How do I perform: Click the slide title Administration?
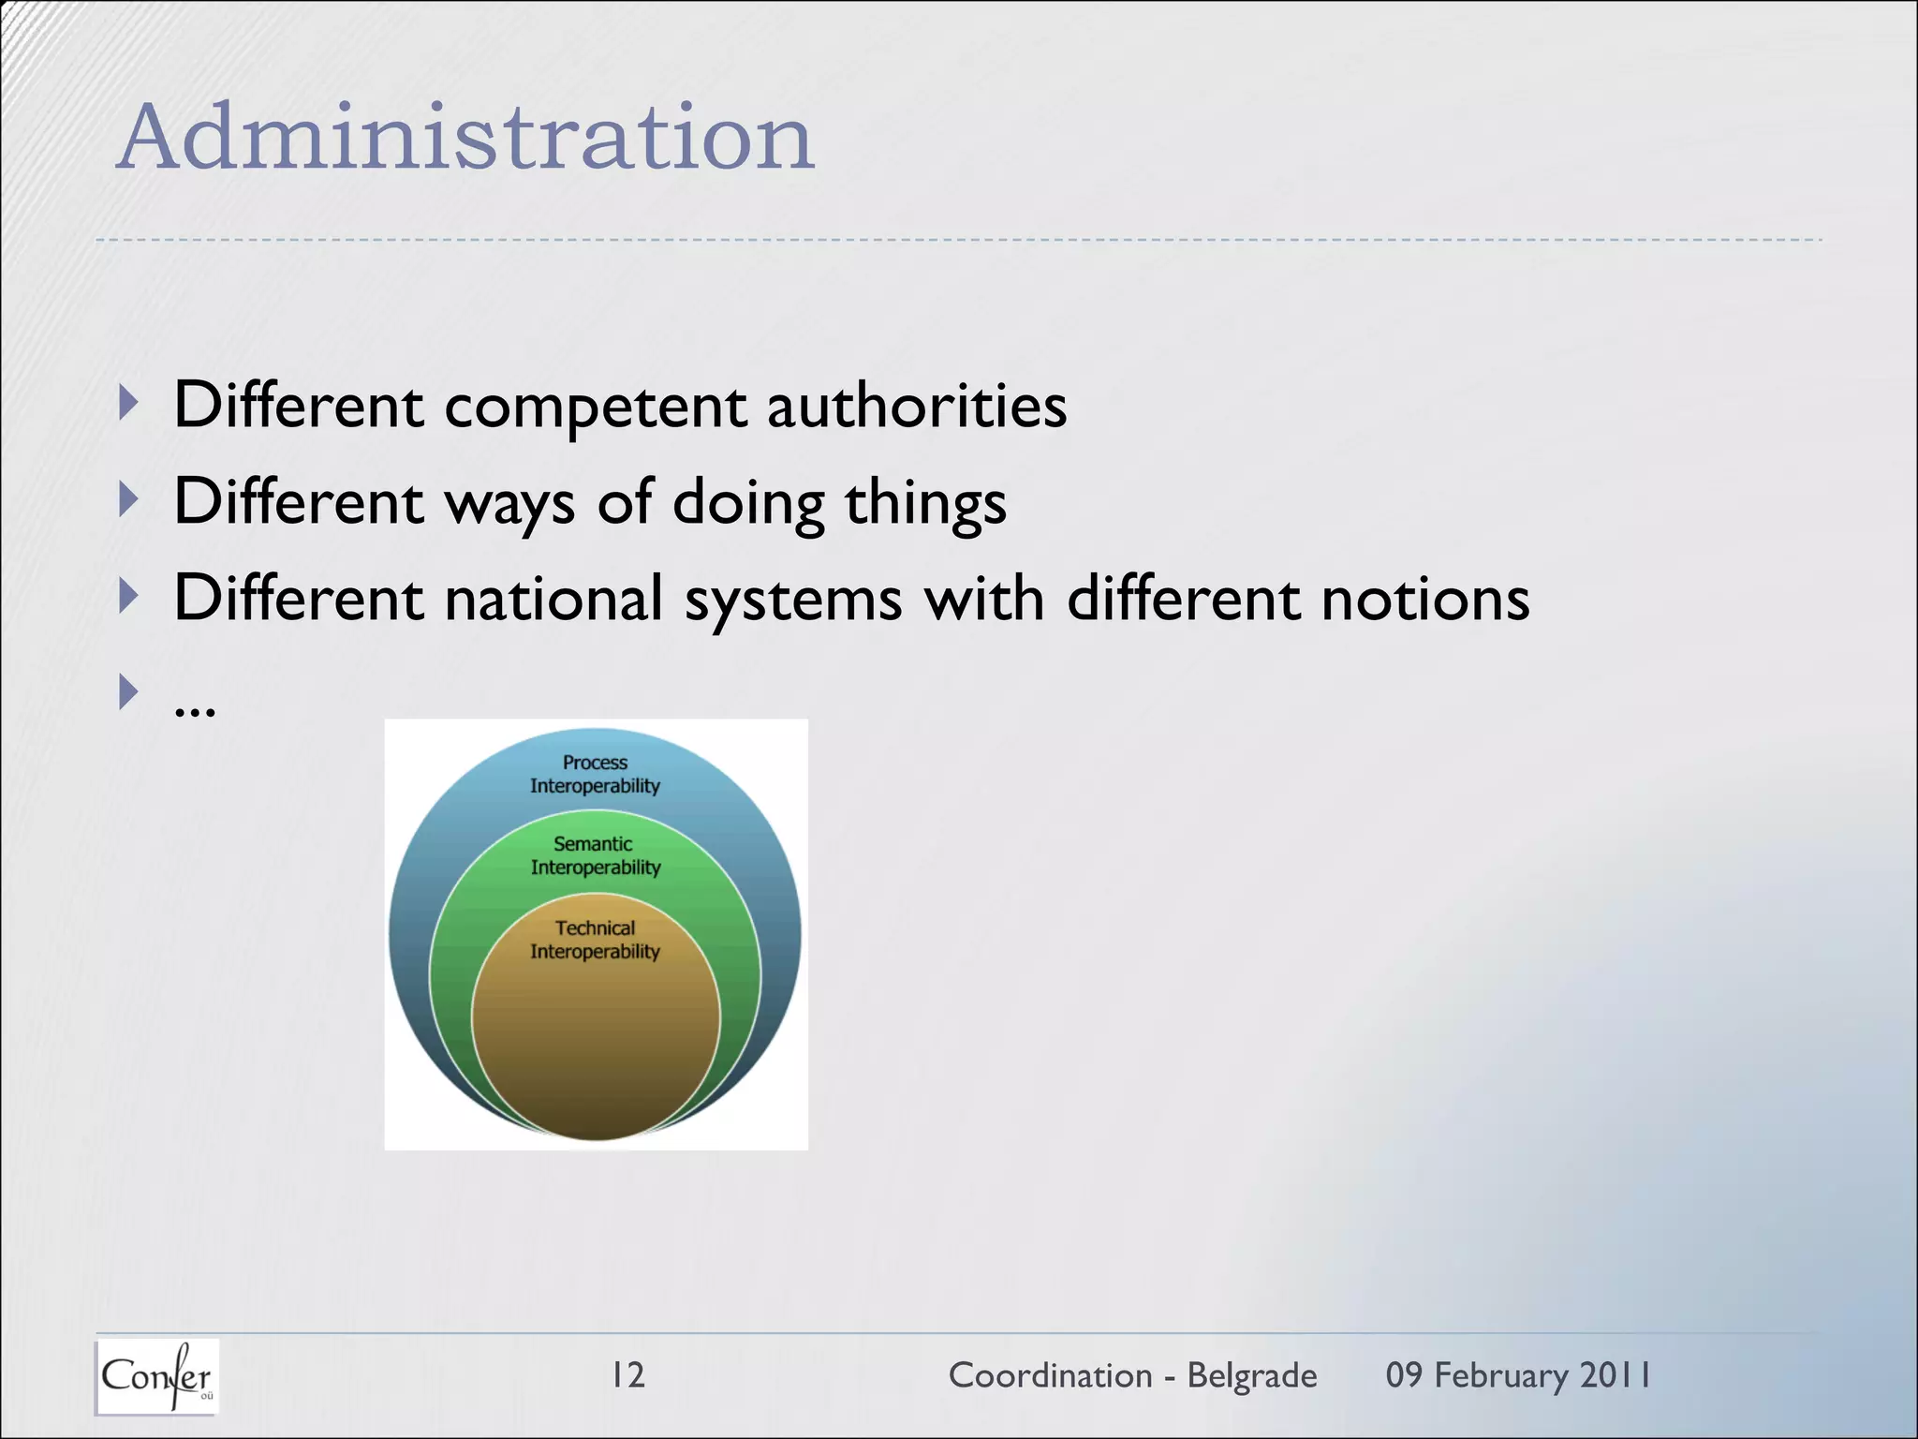point(465,139)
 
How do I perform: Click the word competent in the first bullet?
point(596,408)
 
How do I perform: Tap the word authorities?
point(917,408)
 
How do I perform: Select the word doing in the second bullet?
point(748,502)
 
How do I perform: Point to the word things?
point(925,504)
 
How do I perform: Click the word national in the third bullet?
point(554,600)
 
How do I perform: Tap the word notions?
point(1425,600)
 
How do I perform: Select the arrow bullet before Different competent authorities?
point(129,404)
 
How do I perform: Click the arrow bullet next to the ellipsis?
point(129,692)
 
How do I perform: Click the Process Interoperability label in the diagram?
point(595,774)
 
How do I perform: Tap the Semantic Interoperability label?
point(595,855)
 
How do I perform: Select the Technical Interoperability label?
point(595,940)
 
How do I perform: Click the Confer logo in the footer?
point(156,1376)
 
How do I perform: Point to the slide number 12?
point(627,1375)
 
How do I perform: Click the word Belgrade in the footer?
point(1252,1375)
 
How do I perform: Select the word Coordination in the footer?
point(1050,1375)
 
